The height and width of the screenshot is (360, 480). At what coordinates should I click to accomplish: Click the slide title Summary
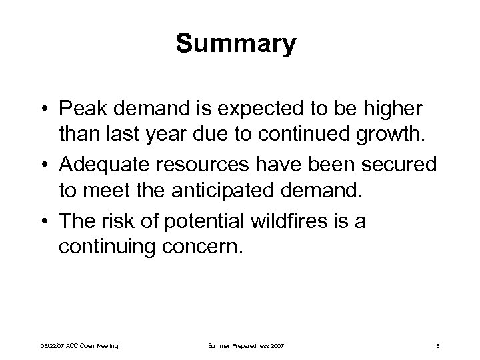[x=236, y=45]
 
